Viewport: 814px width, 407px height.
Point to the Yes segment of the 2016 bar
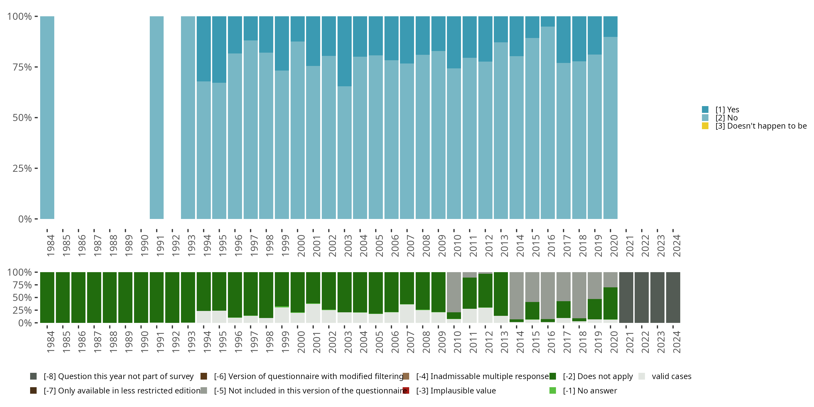pos(548,21)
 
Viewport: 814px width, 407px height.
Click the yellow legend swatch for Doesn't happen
pos(705,126)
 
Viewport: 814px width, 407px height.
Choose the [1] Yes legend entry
pos(727,110)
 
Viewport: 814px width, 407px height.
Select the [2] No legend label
pos(726,118)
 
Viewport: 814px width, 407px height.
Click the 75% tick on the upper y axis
pos(22,67)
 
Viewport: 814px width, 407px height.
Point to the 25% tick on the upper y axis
pos(22,168)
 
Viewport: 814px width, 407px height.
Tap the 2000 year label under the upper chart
pos(301,246)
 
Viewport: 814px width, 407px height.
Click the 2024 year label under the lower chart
pos(676,342)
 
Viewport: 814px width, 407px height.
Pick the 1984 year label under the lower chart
pos(50,342)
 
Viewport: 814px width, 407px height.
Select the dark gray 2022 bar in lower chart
pos(641,297)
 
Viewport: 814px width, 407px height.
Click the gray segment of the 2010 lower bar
pos(454,292)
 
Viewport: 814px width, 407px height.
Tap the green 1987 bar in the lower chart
pos(94,297)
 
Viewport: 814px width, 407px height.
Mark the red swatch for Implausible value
pos(406,390)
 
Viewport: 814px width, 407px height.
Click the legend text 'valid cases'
pos(672,376)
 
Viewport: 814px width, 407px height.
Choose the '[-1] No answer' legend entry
pos(590,390)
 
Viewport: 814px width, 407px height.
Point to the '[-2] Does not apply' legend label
pos(597,376)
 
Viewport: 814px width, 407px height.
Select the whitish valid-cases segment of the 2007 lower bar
pos(407,313)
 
